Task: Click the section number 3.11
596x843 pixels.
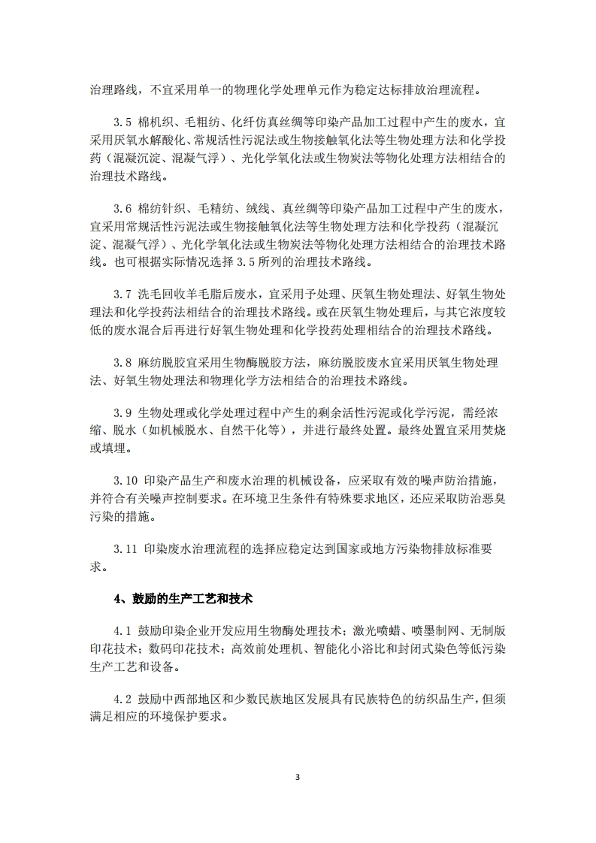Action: (x=125, y=549)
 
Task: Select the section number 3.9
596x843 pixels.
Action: (x=123, y=414)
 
